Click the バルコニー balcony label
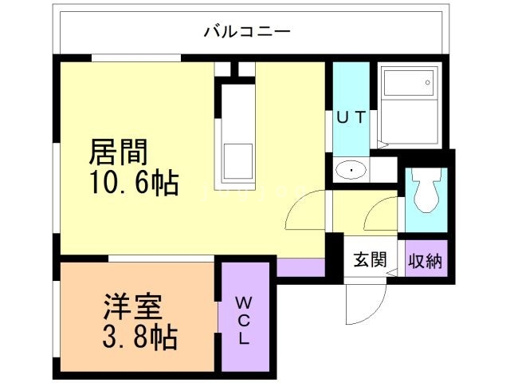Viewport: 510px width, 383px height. tap(247, 33)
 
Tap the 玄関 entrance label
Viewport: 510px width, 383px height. tap(370, 259)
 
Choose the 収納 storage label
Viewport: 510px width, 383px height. tap(427, 259)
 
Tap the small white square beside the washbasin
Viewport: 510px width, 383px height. tap(385, 170)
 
